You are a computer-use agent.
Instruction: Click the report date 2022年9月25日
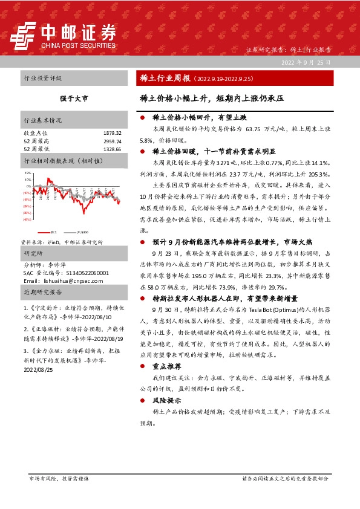click(306, 62)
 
